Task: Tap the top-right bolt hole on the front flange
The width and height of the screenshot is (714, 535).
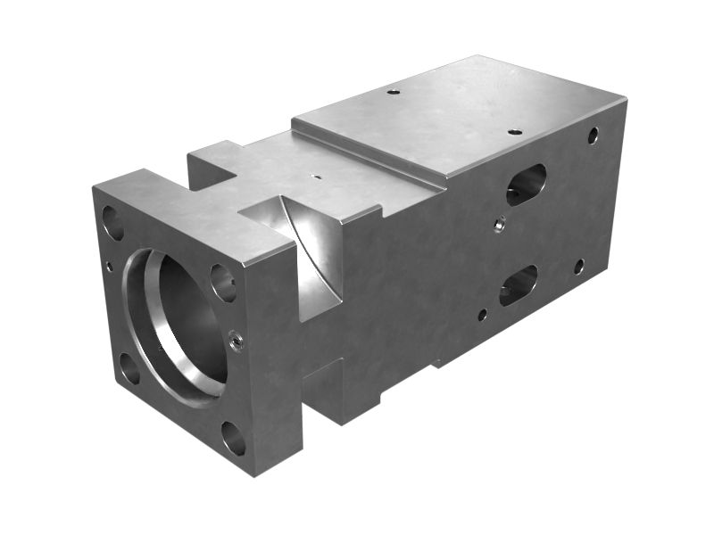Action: [223, 282]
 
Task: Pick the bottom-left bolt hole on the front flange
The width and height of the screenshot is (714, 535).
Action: [129, 367]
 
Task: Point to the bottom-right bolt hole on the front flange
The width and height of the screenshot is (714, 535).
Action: [233, 438]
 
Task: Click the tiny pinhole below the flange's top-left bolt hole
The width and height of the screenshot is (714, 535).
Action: [110, 265]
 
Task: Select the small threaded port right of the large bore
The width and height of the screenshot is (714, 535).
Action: [236, 339]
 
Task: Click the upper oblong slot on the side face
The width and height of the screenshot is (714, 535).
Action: [526, 184]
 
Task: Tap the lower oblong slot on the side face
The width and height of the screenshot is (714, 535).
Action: [519, 284]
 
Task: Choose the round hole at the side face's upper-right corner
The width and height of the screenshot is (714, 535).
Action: [593, 136]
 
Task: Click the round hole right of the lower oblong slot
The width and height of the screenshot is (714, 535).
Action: [579, 266]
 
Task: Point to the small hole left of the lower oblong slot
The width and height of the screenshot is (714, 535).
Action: [482, 314]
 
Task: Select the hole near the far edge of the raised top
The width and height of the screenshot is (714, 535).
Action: [394, 90]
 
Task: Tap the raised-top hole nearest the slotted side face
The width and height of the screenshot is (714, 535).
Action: [515, 132]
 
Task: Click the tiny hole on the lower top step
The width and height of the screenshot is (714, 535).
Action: [314, 176]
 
